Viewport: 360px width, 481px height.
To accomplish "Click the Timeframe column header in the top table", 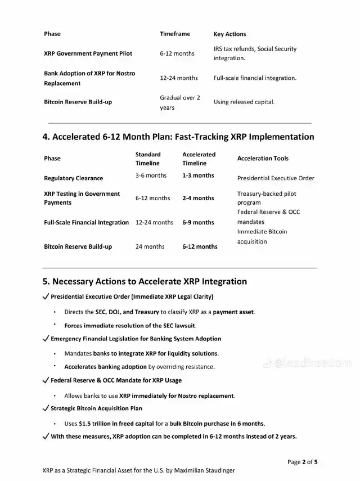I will coord(175,34).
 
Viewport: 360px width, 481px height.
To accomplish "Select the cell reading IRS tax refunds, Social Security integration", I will coord(255,53).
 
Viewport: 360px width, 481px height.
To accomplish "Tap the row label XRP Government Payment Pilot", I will coord(88,53).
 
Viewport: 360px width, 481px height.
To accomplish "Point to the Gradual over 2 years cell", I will coord(179,102).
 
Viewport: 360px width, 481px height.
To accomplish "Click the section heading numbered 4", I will coord(178,137).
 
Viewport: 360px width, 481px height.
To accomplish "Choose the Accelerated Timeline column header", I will coord(199,159).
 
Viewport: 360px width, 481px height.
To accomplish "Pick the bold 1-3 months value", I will coord(198,176).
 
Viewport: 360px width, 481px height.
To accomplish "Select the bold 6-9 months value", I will coord(198,222).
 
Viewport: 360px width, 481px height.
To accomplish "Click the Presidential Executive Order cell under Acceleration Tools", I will coord(276,178).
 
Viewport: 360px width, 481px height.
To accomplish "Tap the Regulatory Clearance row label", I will coord(73,178).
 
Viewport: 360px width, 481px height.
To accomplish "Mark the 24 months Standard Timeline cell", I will coord(150,246).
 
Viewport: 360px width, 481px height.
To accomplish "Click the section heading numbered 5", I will coord(145,281).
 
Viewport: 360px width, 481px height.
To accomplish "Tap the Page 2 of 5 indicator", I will coord(302,462).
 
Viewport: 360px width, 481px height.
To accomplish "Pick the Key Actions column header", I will coord(229,34).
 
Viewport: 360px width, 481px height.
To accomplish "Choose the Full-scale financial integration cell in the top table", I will coord(255,78).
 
